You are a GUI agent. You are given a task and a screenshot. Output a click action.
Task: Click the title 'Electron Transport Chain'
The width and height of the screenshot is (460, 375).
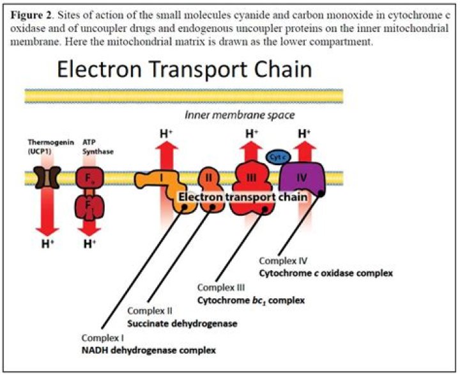[x=184, y=68]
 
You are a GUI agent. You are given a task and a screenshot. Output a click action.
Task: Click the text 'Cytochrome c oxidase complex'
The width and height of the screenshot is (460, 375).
[x=325, y=273]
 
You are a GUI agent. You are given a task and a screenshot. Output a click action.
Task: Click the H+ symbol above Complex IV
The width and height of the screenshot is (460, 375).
[x=304, y=134]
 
